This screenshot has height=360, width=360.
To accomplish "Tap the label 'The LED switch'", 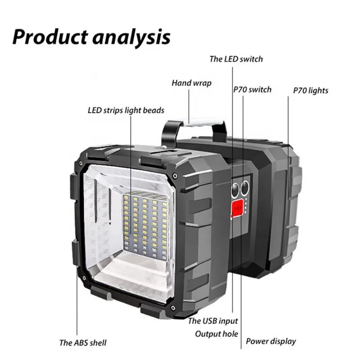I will [x=236, y=59].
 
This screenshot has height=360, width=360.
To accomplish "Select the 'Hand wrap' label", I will [x=191, y=83].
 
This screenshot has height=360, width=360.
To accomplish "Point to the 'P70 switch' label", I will [x=252, y=89].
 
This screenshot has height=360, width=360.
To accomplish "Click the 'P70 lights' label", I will [x=310, y=90].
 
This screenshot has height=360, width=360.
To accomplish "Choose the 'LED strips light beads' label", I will [x=126, y=110].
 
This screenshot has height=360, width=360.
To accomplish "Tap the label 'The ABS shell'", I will [x=83, y=342].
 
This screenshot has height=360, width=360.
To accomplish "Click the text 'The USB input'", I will [x=212, y=321].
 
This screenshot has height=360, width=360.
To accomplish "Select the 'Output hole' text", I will [x=216, y=334].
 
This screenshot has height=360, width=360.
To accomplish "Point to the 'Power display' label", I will [x=271, y=341].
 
